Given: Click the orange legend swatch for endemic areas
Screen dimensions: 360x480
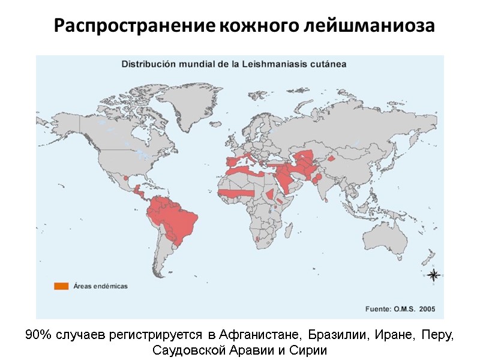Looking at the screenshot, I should click(61, 286).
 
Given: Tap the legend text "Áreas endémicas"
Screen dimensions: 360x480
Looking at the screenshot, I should click(100, 286).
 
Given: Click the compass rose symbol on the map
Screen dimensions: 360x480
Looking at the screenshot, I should click(434, 275).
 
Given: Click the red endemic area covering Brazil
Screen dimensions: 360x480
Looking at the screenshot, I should click(180, 222).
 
